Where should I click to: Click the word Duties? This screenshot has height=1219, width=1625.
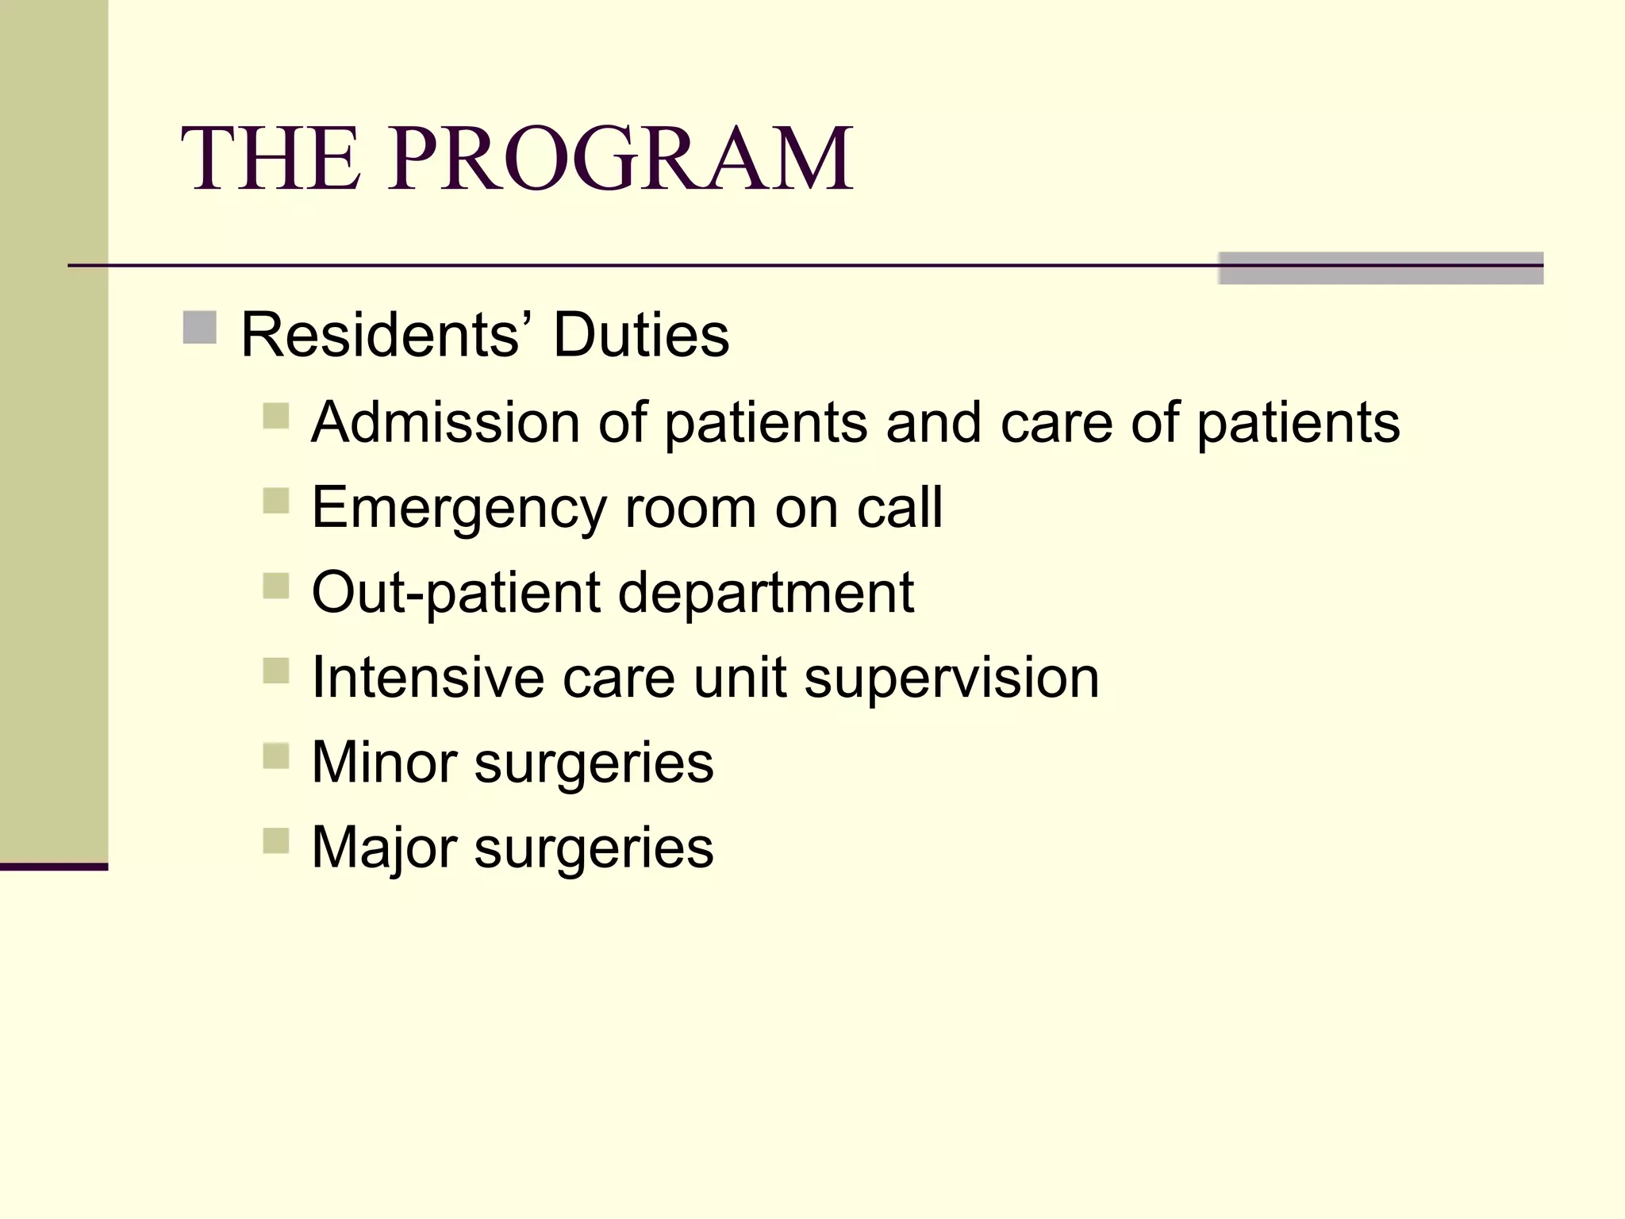coord(640,335)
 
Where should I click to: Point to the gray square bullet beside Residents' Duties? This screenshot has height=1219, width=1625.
coord(199,328)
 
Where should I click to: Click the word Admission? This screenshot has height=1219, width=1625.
coord(445,422)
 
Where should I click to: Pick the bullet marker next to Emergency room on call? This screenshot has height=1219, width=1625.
coord(275,501)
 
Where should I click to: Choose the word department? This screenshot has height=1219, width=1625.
coord(766,594)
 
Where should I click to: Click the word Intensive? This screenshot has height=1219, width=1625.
coord(428,678)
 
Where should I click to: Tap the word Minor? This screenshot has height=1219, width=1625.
coord(384,763)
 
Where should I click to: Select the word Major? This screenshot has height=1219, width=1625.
coord(384,848)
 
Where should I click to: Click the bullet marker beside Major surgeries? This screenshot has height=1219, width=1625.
coord(275,840)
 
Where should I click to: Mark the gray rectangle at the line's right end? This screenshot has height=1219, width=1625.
coord(1380,268)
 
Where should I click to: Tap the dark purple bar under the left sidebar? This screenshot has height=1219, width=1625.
coord(53,867)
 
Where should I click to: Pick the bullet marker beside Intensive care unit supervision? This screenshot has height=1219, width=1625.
coord(275,671)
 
